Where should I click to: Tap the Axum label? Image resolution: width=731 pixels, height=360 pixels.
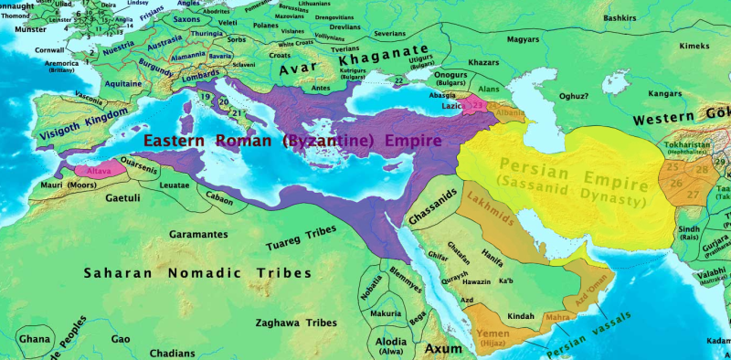coord(445,349)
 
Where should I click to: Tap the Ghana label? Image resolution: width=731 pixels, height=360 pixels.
coord(36,338)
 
